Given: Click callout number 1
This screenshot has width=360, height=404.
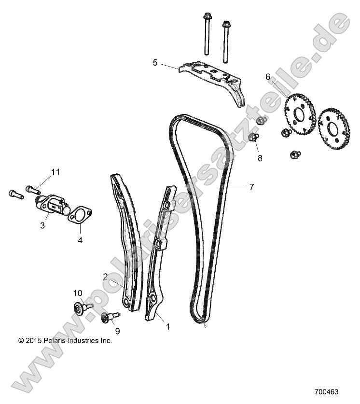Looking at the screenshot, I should [x=167, y=326].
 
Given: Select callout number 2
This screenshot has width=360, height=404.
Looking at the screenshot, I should [x=105, y=276].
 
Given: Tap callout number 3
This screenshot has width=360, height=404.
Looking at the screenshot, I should [x=42, y=225].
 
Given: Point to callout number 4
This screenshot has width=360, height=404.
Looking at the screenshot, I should [x=80, y=239].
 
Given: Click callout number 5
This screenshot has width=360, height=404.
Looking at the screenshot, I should [x=155, y=62].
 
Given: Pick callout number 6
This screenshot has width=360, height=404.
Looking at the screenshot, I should [x=267, y=77].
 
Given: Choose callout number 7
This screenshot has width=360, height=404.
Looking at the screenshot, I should [x=251, y=187].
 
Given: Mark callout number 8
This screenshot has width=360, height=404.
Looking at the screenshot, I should [x=260, y=158].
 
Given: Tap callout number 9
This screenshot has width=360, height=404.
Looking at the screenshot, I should [x=117, y=332].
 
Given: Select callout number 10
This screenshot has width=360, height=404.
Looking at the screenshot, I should [x=78, y=293].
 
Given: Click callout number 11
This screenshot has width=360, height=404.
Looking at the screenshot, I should [x=55, y=172].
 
